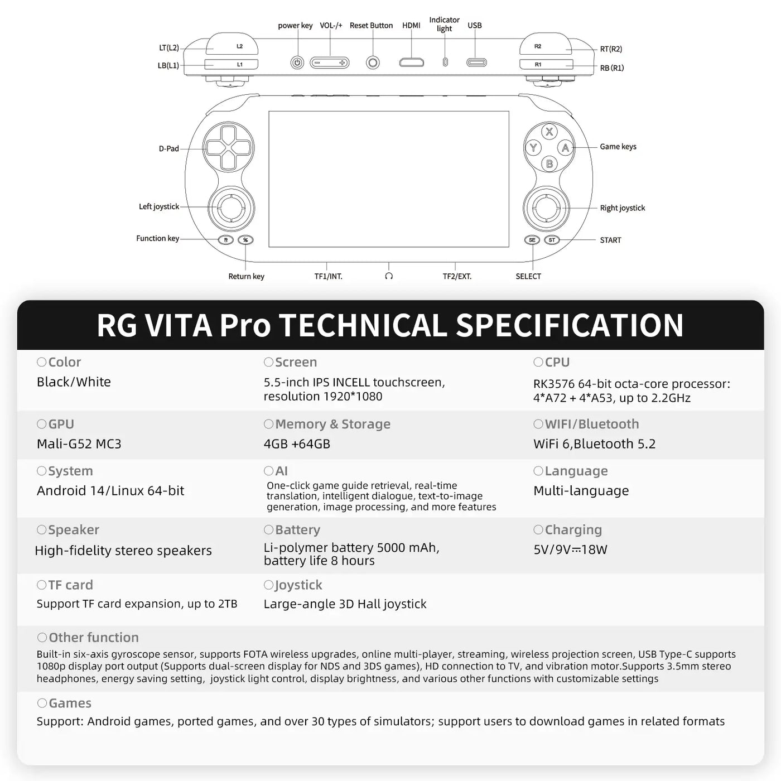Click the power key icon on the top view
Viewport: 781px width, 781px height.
click(297, 63)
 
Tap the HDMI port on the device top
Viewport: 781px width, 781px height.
click(411, 62)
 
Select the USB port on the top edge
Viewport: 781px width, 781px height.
click(476, 62)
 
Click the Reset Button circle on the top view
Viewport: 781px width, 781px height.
click(373, 62)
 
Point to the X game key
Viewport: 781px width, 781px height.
click(549, 132)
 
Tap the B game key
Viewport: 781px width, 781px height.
click(549, 164)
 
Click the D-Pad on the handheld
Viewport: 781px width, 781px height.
click(228, 147)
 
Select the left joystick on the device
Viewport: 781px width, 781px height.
click(231, 208)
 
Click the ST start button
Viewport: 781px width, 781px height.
click(552, 240)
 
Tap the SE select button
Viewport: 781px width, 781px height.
click(532, 240)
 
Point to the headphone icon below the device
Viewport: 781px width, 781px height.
click(389, 276)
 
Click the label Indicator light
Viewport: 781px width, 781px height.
click(444, 25)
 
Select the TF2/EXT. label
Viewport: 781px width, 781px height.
click(457, 276)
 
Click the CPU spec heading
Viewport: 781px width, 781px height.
click(557, 362)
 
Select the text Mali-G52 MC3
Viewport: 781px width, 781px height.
click(79, 444)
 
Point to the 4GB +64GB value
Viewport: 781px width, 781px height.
click(297, 444)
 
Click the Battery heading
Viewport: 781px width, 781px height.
click(297, 530)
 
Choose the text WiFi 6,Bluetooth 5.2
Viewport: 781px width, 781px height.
click(594, 444)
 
